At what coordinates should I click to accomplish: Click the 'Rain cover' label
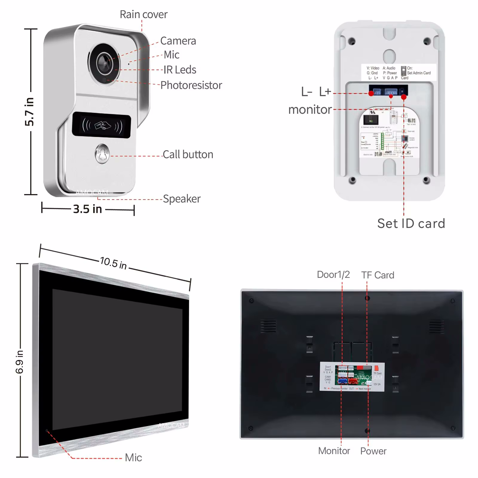click(x=143, y=14)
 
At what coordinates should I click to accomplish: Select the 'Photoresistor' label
click(x=191, y=85)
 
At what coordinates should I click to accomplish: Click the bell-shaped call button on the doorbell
click(x=102, y=154)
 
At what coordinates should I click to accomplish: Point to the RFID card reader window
click(x=102, y=125)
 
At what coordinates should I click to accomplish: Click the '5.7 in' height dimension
click(x=29, y=111)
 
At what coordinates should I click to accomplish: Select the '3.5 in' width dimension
click(x=88, y=209)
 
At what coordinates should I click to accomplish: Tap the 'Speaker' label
click(x=182, y=199)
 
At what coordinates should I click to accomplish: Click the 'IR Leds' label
click(x=180, y=70)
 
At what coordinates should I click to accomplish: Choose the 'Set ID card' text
click(x=411, y=223)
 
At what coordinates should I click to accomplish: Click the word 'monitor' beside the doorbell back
click(x=310, y=110)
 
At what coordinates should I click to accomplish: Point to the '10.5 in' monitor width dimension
click(x=113, y=263)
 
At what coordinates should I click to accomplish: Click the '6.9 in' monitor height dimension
click(x=20, y=362)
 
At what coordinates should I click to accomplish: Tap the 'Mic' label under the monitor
click(x=133, y=457)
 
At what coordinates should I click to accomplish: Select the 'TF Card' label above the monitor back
click(x=378, y=275)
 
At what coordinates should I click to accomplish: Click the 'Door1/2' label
click(x=333, y=274)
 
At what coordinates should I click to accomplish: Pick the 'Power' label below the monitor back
click(x=373, y=451)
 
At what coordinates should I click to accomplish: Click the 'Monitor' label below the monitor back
click(x=334, y=451)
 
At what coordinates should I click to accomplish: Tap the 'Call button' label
click(x=188, y=154)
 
